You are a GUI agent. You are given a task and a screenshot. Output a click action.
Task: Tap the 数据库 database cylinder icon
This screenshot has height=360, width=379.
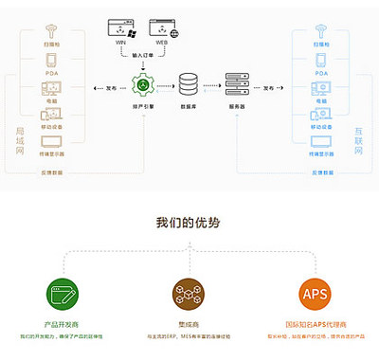coord(189,84)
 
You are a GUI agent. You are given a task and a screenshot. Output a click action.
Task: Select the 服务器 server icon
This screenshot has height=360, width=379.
coord(236,85)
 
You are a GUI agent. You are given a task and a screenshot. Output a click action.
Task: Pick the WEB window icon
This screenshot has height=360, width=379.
coord(163,27)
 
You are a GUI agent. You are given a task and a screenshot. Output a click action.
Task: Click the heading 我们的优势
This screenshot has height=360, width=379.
coord(189,224)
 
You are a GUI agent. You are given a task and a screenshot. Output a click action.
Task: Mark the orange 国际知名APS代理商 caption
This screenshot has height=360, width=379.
coord(316,323)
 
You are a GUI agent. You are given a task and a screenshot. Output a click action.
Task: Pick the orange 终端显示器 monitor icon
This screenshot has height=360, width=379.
coord(52,143)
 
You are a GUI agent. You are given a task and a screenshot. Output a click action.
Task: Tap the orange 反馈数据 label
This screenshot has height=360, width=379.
coord(52,172)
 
